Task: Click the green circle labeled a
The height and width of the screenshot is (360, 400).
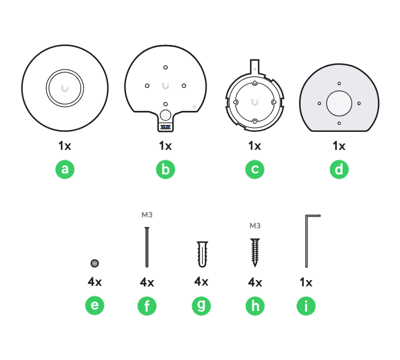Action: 65,169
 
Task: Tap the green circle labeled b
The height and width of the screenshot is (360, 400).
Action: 166,169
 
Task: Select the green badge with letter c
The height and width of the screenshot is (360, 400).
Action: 255,169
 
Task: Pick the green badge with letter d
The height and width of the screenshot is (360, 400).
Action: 339,169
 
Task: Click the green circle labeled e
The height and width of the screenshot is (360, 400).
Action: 95,305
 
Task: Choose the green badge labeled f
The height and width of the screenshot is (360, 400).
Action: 147,306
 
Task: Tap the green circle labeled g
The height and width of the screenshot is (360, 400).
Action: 201,305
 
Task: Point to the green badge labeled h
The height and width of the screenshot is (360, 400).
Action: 255,306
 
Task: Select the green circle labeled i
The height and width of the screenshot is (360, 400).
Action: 306,306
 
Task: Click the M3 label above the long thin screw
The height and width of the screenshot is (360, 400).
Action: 147,215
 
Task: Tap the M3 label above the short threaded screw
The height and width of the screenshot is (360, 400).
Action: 255,226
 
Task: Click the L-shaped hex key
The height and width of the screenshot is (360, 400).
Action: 313,241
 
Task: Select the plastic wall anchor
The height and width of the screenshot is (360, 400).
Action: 202,254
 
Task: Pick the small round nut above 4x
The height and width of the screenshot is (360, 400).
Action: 95,263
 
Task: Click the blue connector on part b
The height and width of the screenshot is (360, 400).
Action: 165,127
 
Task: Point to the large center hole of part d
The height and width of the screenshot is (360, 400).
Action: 339,103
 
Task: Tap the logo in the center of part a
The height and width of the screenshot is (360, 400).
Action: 65,88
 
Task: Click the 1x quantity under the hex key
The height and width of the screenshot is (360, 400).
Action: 306,282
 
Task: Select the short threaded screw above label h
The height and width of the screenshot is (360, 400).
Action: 255,253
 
